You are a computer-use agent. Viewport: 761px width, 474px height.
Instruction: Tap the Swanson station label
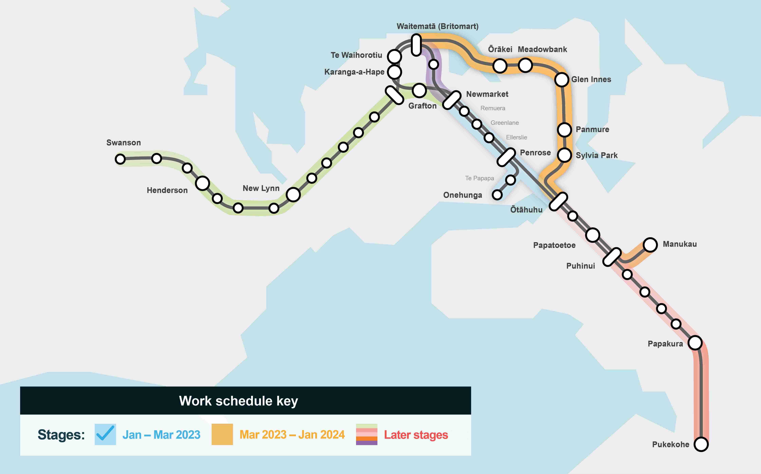[124, 143]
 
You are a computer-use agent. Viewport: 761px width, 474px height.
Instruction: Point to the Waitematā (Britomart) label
[438, 26]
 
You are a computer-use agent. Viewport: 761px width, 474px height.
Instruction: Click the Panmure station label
[592, 129]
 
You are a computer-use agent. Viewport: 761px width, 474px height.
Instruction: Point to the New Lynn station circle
[293, 195]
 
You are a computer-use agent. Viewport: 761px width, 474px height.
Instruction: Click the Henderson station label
[167, 190]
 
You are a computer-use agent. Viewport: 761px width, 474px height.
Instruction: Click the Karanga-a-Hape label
[354, 72]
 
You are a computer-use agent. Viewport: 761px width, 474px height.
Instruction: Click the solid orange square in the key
[222, 434]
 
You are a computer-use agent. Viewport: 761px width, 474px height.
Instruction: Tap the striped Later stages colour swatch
[366, 434]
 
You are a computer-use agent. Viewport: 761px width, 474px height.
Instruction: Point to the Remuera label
[493, 108]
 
